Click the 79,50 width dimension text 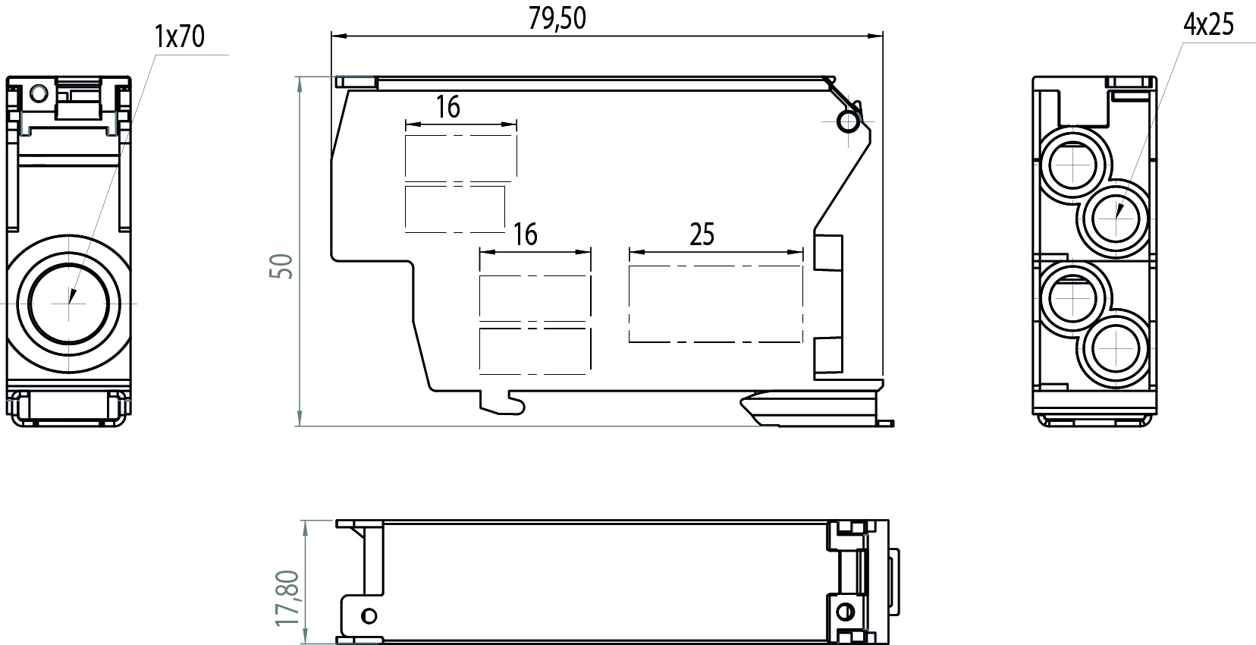(x=557, y=18)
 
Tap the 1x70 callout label (x=179, y=36)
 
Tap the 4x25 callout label (x=1208, y=25)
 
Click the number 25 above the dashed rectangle (x=702, y=234)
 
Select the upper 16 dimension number (x=447, y=107)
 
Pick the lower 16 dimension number (x=525, y=234)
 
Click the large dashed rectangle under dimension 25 (x=715, y=304)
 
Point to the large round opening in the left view (x=69, y=302)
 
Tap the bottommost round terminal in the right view (x=1117, y=350)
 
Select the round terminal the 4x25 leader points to (x=1117, y=216)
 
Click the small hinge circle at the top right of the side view (x=847, y=121)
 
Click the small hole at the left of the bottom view (x=369, y=615)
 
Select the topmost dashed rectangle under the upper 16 (x=461, y=157)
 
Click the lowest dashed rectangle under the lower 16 (x=534, y=351)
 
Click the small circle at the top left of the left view (x=39, y=94)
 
